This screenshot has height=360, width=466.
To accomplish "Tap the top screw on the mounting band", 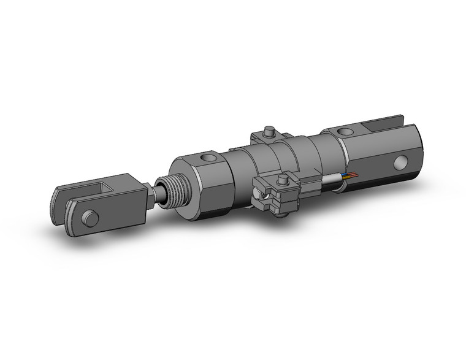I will point(269,132).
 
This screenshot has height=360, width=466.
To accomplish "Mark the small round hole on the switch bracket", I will point(264,197).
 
